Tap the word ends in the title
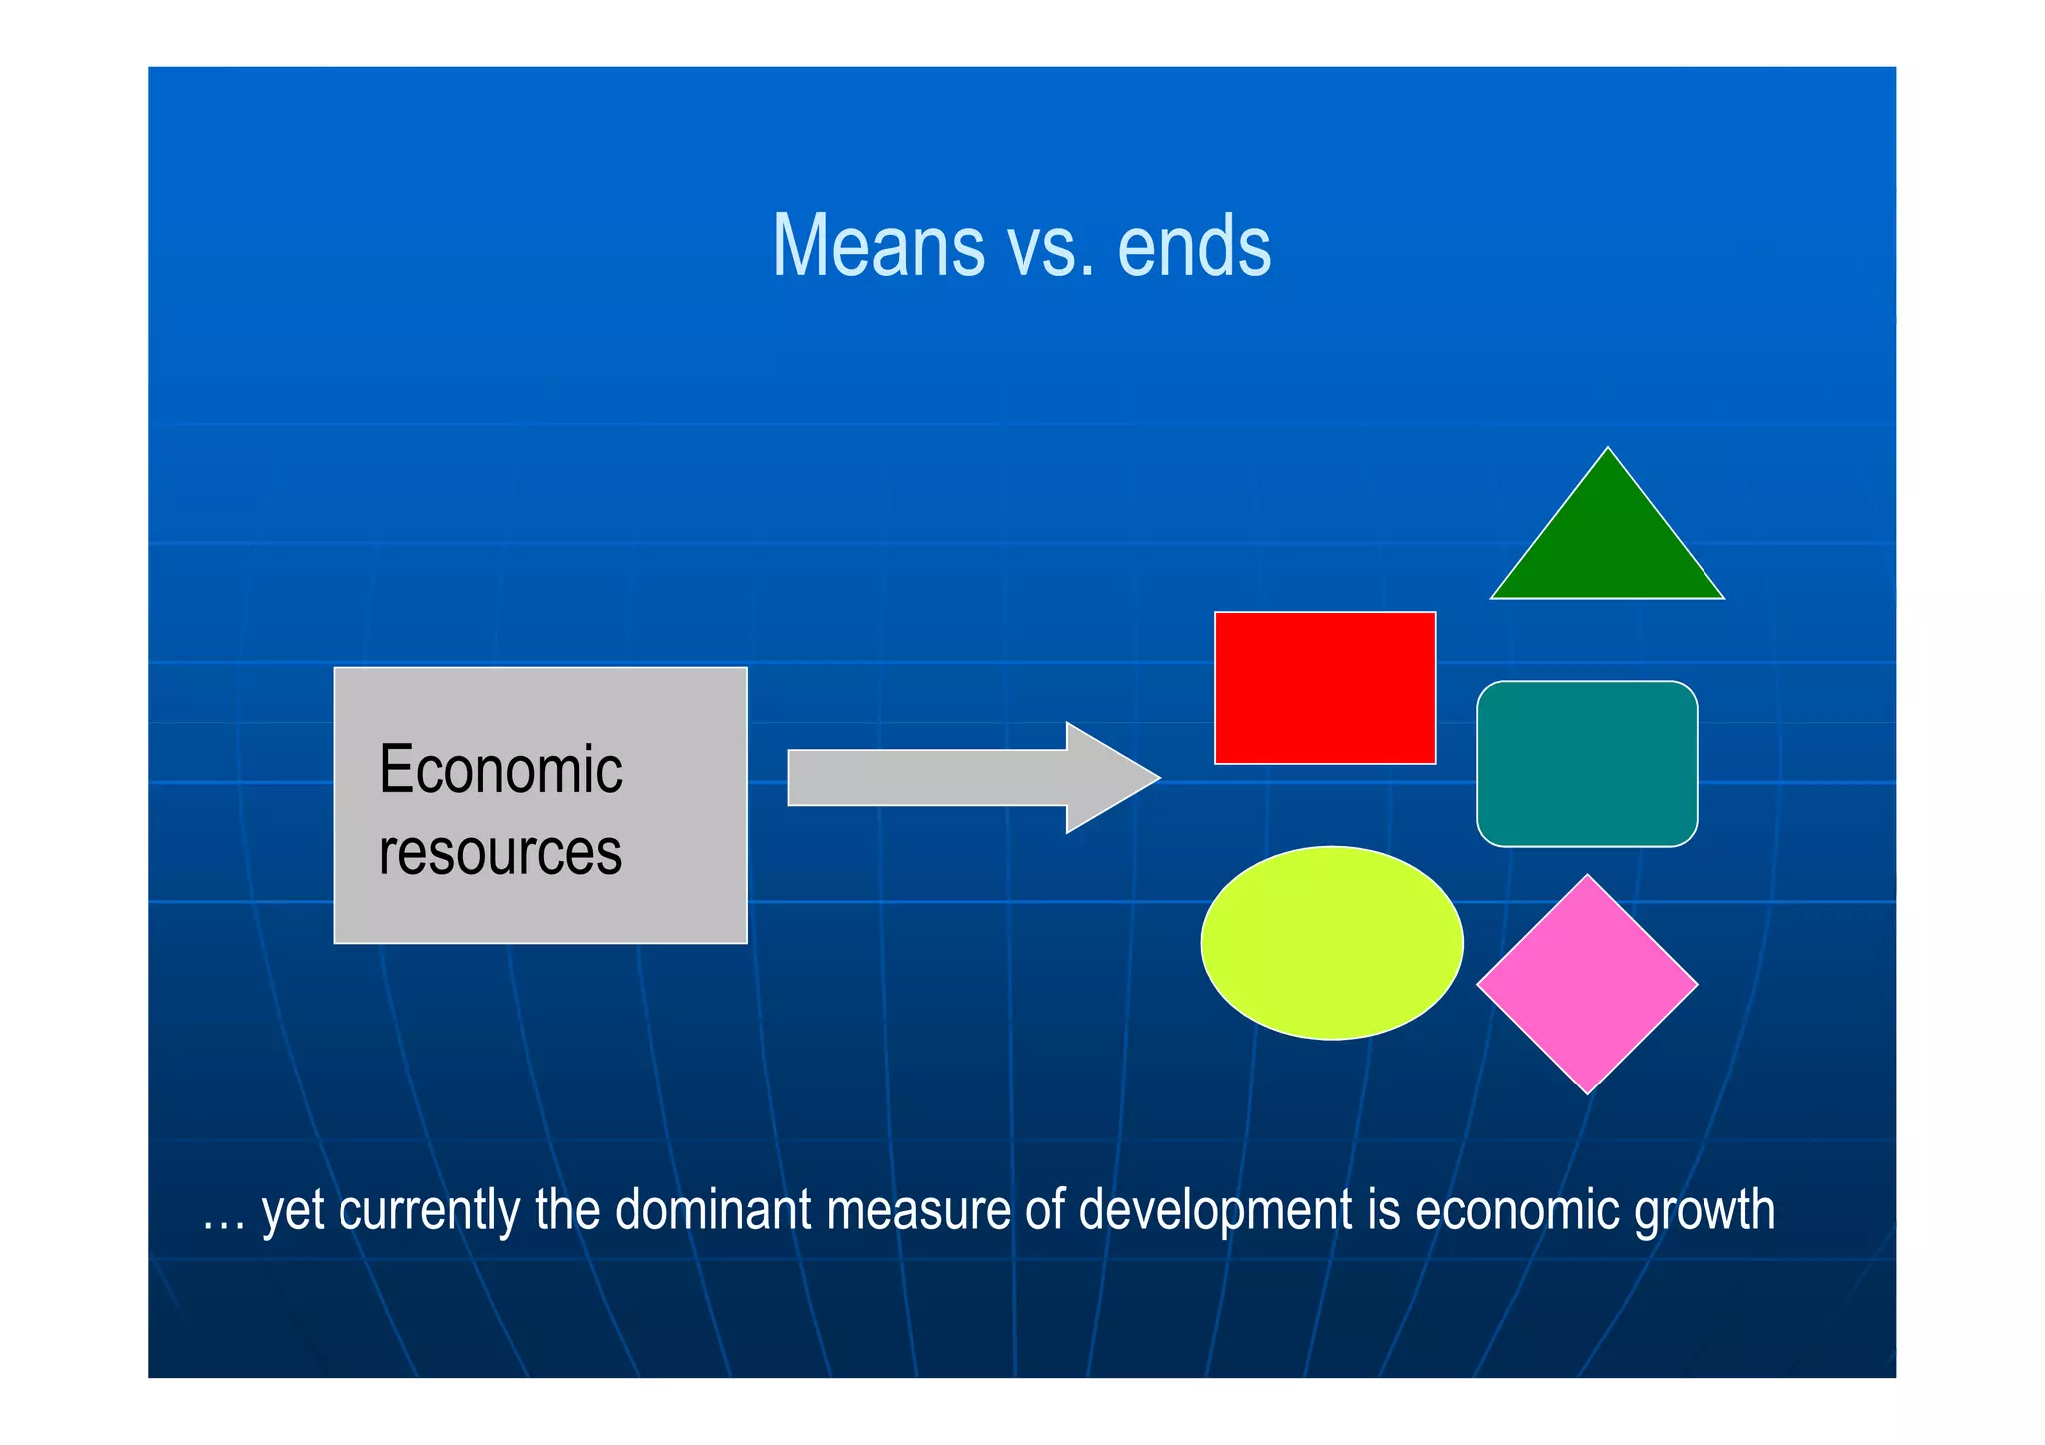tap(1195, 246)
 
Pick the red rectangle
tap(1325, 688)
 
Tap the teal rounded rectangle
tap(1587, 764)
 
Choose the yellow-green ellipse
tap(1332, 942)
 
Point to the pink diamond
tap(1587, 985)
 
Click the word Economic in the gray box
tap(501, 770)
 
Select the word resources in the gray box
tap(501, 852)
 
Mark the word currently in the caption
tap(429, 1211)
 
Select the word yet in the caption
tap(293, 1212)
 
